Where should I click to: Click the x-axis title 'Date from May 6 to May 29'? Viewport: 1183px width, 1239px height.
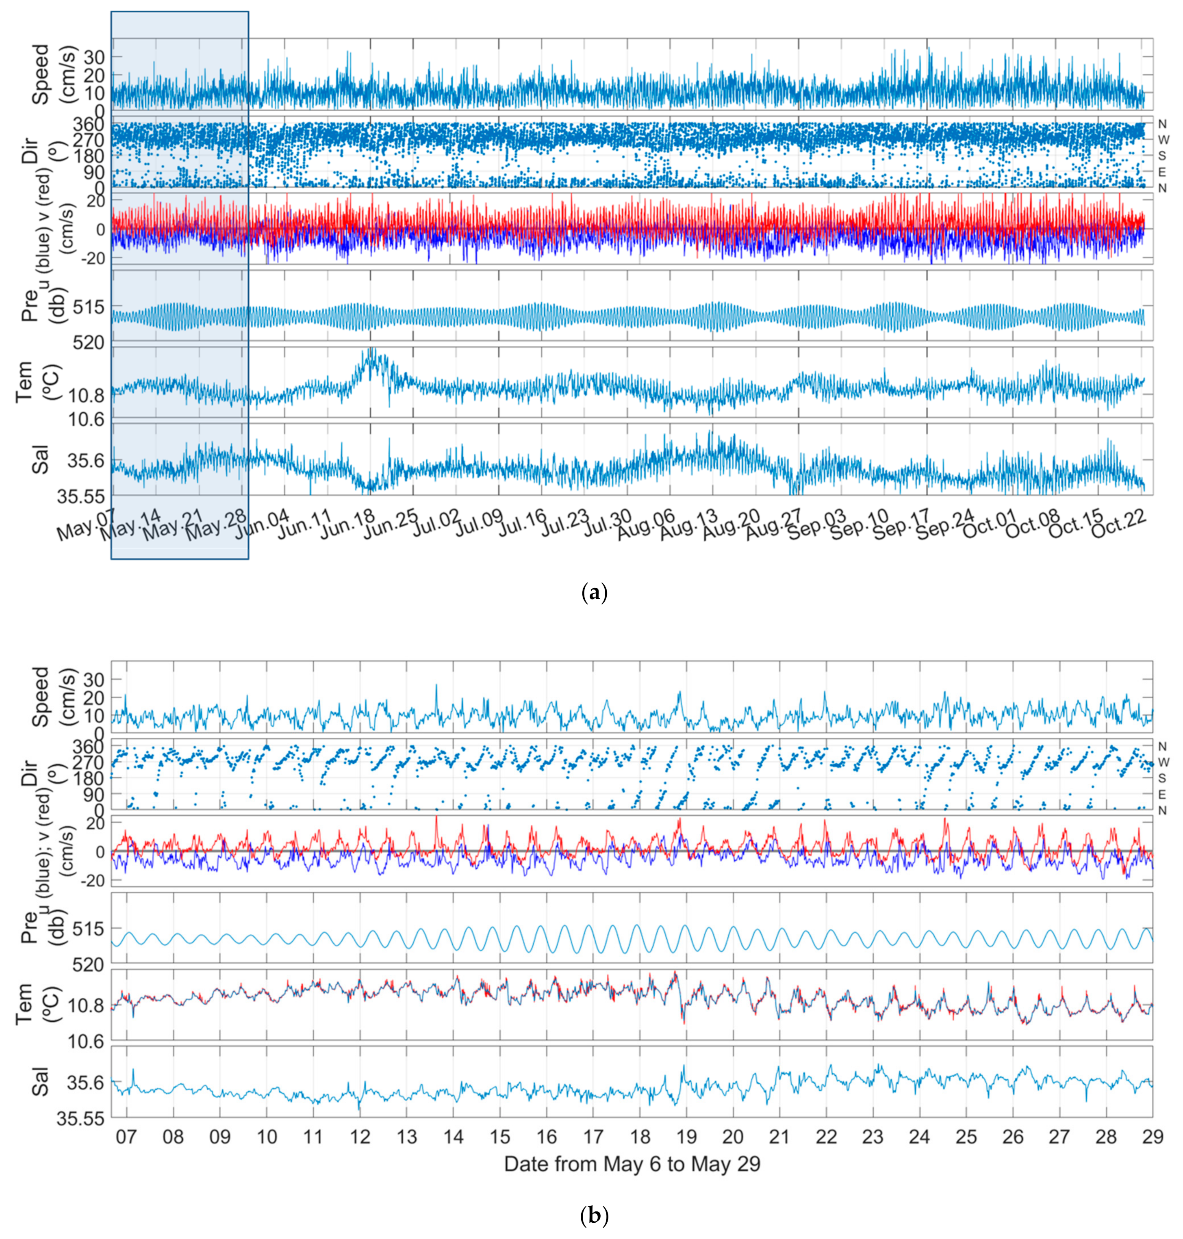(632, 1164)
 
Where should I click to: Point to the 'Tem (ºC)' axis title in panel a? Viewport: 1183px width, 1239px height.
(32, 381)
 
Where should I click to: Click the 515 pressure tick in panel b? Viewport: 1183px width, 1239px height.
(93, 929)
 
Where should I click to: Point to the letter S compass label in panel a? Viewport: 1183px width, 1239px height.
(1162, 156)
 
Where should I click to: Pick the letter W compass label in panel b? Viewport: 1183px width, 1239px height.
(1163, 762)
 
